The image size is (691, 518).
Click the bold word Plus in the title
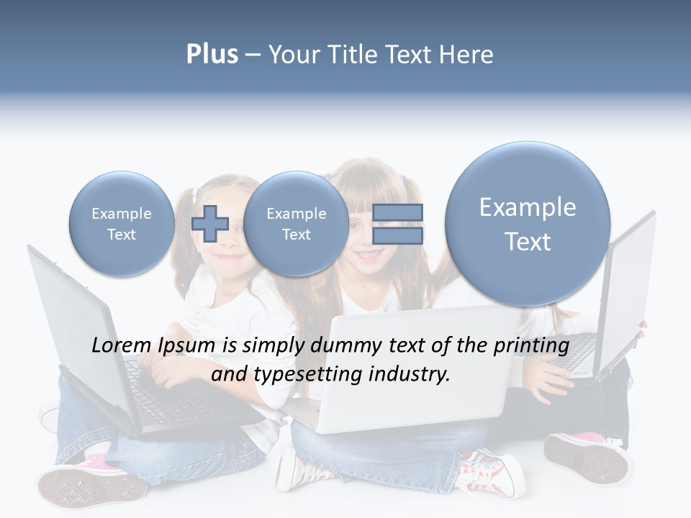pos(212,55)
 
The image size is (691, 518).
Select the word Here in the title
pos(466,55)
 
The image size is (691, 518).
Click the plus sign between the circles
pos(209,223)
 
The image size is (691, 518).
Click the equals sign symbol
pos(397,224)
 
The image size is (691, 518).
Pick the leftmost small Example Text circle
pos(121,224)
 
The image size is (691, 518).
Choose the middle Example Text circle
pos(296,224)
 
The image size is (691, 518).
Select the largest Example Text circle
pos(528,224)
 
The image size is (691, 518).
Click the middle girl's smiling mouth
pos(366,255)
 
